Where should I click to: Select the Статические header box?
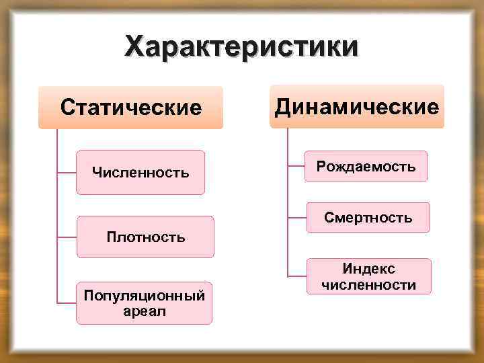(x=130, y=108)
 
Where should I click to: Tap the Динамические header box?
(x=357, y=106)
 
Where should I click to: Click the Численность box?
(x=140, y=173)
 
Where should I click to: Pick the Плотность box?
(x=145, y=237)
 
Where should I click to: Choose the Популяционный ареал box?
(x=144, y=303)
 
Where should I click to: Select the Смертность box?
(x=367, y=218)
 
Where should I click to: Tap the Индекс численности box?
(x=368, y=276)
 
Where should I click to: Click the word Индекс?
(x=368, y=269)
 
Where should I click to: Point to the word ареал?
(x=144, y=311)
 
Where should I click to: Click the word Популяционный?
(x=144, y=296)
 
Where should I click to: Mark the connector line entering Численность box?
(x=67, y=173)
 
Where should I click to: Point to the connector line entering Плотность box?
(x=67, y=237)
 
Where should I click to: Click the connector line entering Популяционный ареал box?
(x=67, y=303)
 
